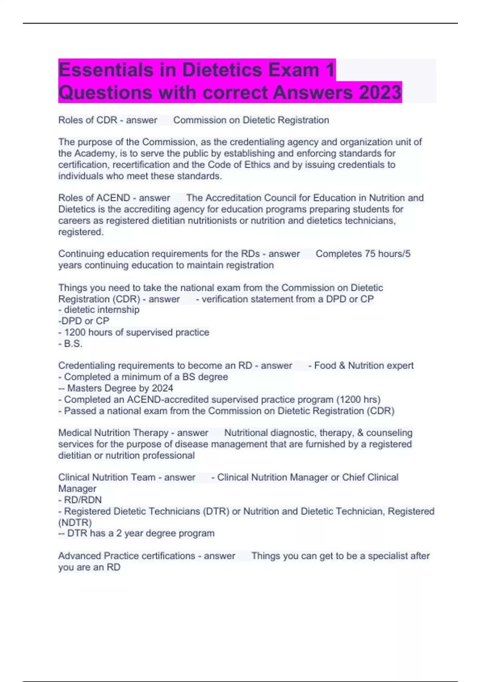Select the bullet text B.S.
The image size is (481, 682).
(73, 343)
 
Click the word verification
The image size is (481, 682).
(225, 299)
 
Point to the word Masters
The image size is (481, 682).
(84, 388)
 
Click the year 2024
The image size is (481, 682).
(163, 388)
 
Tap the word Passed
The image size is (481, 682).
(78, 411)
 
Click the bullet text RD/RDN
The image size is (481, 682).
(83, 500)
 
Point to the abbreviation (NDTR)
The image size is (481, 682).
(75, 522)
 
